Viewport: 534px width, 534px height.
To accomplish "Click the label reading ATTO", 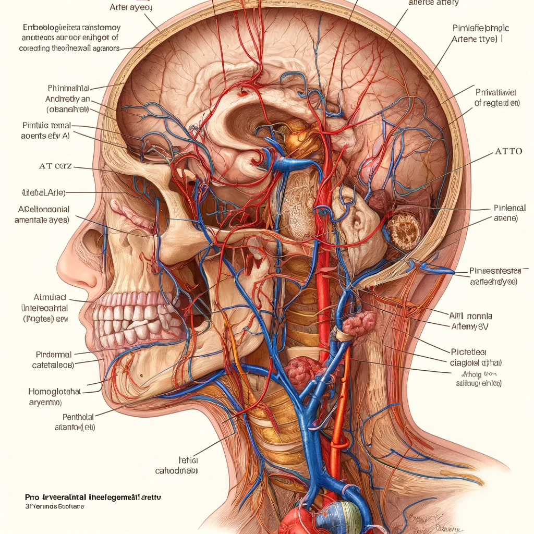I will (508, 151).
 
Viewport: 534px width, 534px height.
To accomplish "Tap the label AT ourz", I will (55, 167).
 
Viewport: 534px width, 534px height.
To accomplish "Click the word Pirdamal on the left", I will (54, 355).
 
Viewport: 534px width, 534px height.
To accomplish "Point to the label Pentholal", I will (78, 417).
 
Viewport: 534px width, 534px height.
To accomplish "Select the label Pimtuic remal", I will (46, 126).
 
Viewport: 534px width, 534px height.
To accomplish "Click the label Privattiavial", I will (497, 92).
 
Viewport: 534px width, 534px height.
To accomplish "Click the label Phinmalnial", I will (68, 88).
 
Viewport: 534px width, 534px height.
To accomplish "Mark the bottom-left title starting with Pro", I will (99, 497).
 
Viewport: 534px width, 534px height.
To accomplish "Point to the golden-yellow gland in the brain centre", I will (294, 138).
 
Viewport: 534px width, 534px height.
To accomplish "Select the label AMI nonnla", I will (470, 316).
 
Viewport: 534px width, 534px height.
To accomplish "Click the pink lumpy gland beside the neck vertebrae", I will (359, 323).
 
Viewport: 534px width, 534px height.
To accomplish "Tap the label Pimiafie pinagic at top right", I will (480, 28).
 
